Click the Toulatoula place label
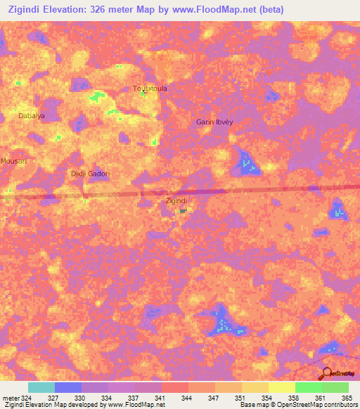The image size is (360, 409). pyautogui.click(x=150, y=89)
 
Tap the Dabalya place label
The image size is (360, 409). pyautogui.click(x=32, y=115)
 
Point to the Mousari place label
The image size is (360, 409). pyautogui.click(x=13, y=161)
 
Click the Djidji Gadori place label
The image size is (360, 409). pyautogui.click(x=92, y=173)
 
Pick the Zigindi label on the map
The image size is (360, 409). pyautogui.click(x=176, y=201)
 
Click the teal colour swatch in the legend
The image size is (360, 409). pyautogui.click(x=41, y=387)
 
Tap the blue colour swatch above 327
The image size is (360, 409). pyautogui.click(x=68, y=387)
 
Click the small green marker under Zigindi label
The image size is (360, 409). pyautogui.click(x=183, y=210)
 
